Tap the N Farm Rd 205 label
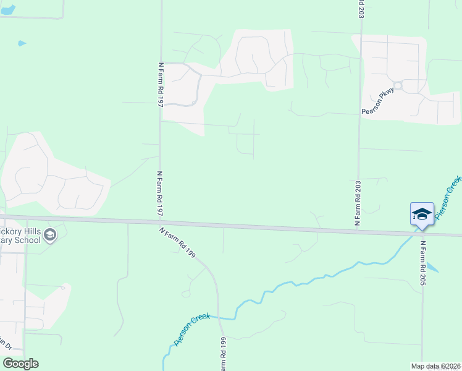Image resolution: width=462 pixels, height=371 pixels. coord(424,263)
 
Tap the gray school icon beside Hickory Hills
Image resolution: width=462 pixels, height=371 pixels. coord(50,234)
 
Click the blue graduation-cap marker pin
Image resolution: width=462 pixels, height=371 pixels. coord(421,215)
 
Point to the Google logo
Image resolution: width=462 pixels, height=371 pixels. coord(20,364)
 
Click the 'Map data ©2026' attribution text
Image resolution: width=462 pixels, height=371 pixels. coord(435,365)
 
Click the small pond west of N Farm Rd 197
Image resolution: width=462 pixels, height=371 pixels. coord(22,43)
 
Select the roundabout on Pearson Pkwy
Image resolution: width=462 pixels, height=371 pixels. coord(397,86)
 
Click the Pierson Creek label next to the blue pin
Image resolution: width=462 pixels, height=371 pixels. coord(448,197)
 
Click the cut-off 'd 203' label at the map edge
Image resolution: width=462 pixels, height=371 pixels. coord(360,9)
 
